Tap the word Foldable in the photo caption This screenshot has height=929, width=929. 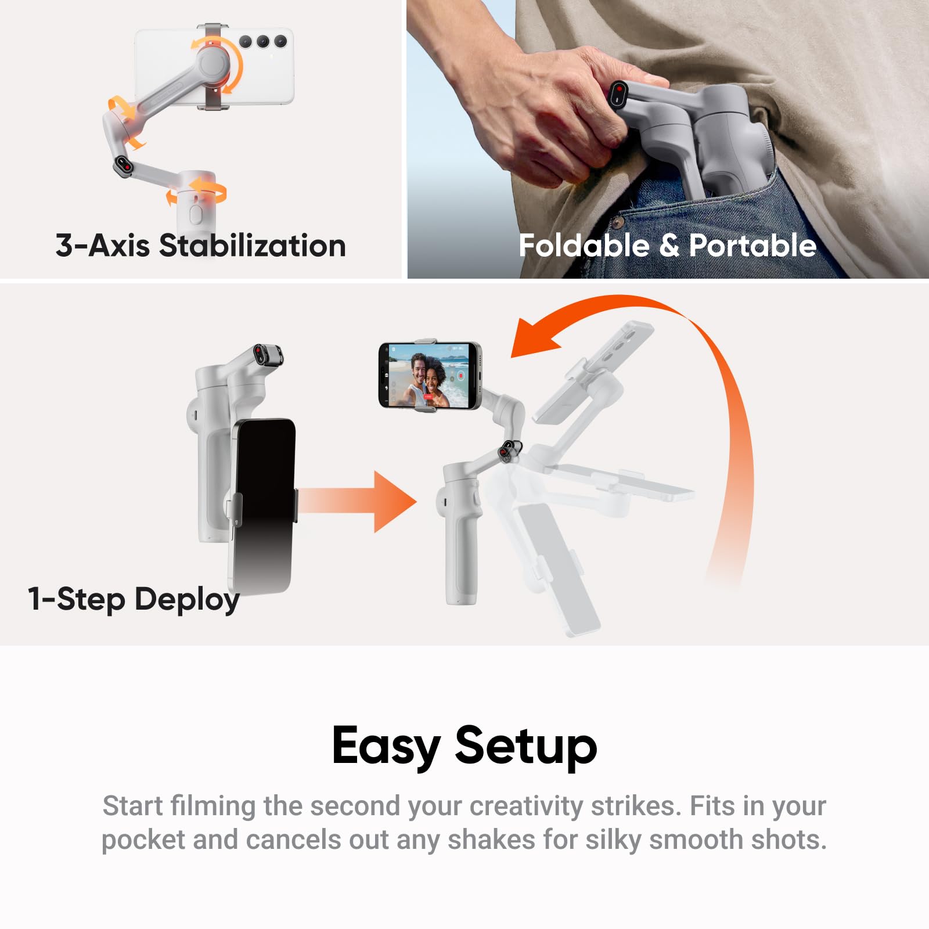pyautogui.click(x=584, y=246)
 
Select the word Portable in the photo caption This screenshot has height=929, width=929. pyautogui.click(x=752, y=246)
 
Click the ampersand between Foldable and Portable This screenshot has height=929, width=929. pyautogui.click(x=669, y=246)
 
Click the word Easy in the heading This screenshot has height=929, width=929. pyautogui.click(x=386, y=746)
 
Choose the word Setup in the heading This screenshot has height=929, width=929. pyautogui.click(x=525, y=746)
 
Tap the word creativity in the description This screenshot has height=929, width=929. pyautogui.click(x=526, y=806)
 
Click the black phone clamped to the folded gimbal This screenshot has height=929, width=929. pyautogui.click(x=264, y=505)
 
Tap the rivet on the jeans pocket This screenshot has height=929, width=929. pyautogui.click(x=618, y=222)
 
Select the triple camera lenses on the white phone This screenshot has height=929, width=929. pyautogui.click(x=263, y=41)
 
